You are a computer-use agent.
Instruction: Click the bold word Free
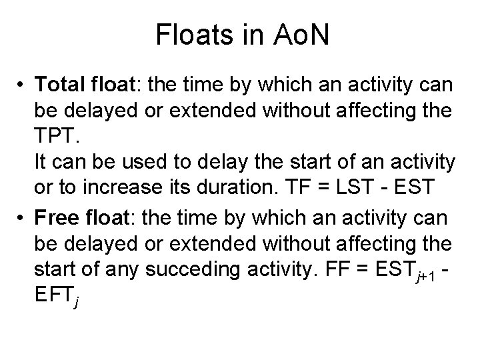(57, 217)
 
